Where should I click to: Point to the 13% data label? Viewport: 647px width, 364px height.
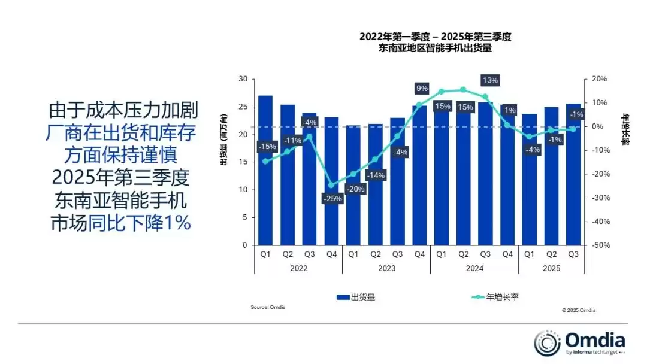(x=489, y=80)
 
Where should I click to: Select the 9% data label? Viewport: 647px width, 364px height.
(x=422, y=89)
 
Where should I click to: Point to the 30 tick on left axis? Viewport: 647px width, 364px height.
(x=243, y=79)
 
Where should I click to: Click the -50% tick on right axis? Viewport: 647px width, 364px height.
(x=599, y=245)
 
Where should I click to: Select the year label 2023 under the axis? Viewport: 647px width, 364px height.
(x=386, y=268)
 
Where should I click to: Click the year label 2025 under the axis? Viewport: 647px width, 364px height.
(x=551, y=268)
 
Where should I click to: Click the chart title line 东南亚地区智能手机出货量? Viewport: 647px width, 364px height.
(x=435, y=48)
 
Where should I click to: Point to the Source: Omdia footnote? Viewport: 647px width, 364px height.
(x=268, y=307)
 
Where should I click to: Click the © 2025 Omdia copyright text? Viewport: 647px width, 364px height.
(x=579, y=310)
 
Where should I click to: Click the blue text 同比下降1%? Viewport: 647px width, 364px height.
(x=140, y=223)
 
